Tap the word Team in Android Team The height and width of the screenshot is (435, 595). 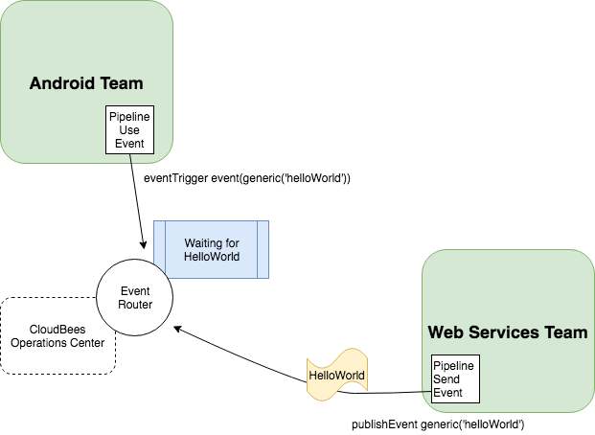point(121,83)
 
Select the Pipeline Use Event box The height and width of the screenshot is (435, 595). point(128,129)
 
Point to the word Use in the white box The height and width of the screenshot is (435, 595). point(128,129)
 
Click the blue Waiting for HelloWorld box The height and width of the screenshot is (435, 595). point(212,250)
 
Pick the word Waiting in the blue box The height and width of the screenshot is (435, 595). point(203,243)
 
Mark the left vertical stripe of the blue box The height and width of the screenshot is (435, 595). point(160,250)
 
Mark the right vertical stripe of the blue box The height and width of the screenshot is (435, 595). point(263,250)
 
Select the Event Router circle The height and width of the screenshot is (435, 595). point(135,297)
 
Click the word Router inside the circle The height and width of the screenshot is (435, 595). point(135,304)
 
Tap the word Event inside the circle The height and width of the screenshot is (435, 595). point(135,290)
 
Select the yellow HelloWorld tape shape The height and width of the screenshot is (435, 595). point(336,375)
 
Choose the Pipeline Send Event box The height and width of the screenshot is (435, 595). point(452,379)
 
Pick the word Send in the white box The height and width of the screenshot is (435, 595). point(447,379)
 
